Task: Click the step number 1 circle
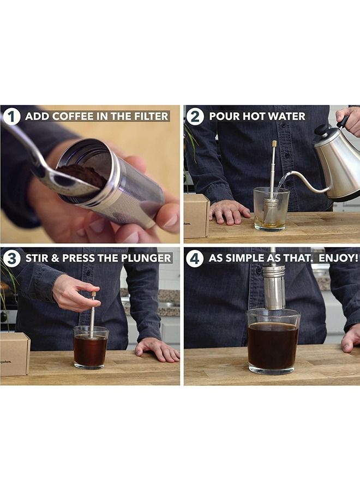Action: (x=12, y=117)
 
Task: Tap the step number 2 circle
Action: (x=195, y=117)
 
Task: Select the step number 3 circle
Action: (x=12, y=259)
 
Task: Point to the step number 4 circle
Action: (x=195, y=259)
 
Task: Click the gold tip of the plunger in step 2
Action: (x=274, y=143)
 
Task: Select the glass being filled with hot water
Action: (x=271, y=209)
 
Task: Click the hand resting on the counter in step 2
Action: (x=229, y=212)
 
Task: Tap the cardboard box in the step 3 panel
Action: (x=15, y=354)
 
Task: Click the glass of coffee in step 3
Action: (x=91, y=348)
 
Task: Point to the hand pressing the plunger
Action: (x=75, y=293)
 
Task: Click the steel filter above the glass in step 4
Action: (x=274, y=286)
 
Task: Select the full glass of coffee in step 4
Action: (x=273, y=342)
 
